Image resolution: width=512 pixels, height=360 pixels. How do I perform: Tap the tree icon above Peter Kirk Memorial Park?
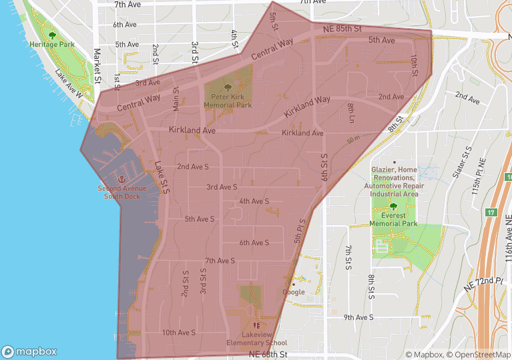pos(228,87)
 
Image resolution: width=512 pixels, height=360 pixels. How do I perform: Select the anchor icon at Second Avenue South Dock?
pos(121,179)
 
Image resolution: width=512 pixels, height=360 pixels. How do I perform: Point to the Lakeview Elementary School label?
pos(256,339)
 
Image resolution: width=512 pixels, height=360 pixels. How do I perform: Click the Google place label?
pos(294,292)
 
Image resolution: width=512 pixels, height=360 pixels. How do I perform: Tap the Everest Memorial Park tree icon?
pos(393,207)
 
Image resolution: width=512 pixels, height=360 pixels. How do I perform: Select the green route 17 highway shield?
pos(492,212)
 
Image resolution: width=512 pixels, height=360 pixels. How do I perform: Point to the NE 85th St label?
pos(342,29)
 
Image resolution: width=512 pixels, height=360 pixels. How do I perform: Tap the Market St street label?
pos(97,61)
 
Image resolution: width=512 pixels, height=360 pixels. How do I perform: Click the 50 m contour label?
pos(353,140)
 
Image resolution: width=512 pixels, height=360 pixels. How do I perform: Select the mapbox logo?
pos(29,351)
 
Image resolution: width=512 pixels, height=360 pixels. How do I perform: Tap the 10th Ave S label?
pos(178,332)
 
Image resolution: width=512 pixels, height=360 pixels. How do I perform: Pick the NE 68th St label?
pos(267,354)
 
